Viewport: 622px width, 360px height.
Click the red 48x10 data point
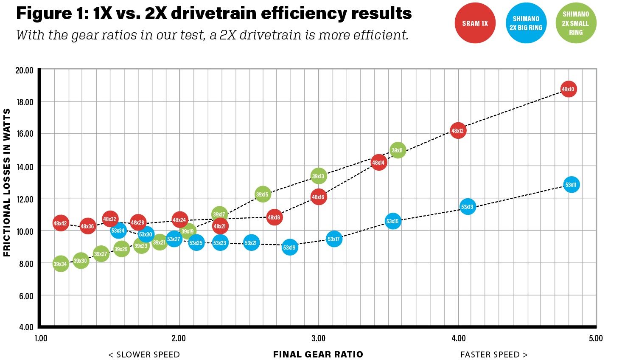(568, 89)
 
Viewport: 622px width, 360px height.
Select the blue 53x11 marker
(571, 185)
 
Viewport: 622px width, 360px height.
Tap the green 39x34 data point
(60, 264)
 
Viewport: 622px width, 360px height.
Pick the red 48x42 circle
(60, 223)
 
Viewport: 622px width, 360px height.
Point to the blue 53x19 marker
(289, 247)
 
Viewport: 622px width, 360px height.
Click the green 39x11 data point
(397, 150)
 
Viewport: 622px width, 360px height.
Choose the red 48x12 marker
(458, 131)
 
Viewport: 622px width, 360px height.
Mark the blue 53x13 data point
(467, 207)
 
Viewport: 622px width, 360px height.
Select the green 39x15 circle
(263, 194)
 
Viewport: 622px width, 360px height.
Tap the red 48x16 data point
(318, 197)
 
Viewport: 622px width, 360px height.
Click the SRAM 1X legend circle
(475, 23)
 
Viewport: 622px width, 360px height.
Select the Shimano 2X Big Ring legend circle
(526, 23)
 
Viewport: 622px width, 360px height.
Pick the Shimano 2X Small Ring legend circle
(576, 23)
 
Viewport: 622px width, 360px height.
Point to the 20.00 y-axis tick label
(24, 70)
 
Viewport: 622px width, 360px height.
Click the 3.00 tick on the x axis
(318, 338)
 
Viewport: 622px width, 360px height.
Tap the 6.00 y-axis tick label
(26, 296)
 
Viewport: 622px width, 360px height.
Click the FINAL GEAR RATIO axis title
(318, 354)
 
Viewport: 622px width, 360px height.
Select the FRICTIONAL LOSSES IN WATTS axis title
(7, 183)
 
